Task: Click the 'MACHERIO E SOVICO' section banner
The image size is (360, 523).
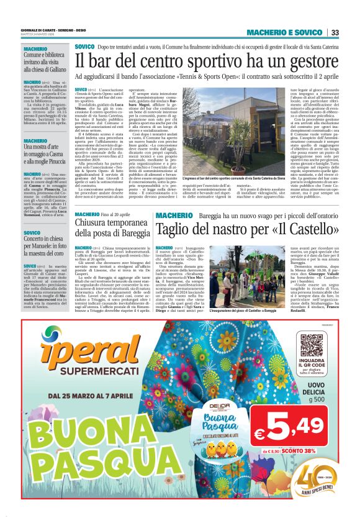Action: (284, 32)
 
